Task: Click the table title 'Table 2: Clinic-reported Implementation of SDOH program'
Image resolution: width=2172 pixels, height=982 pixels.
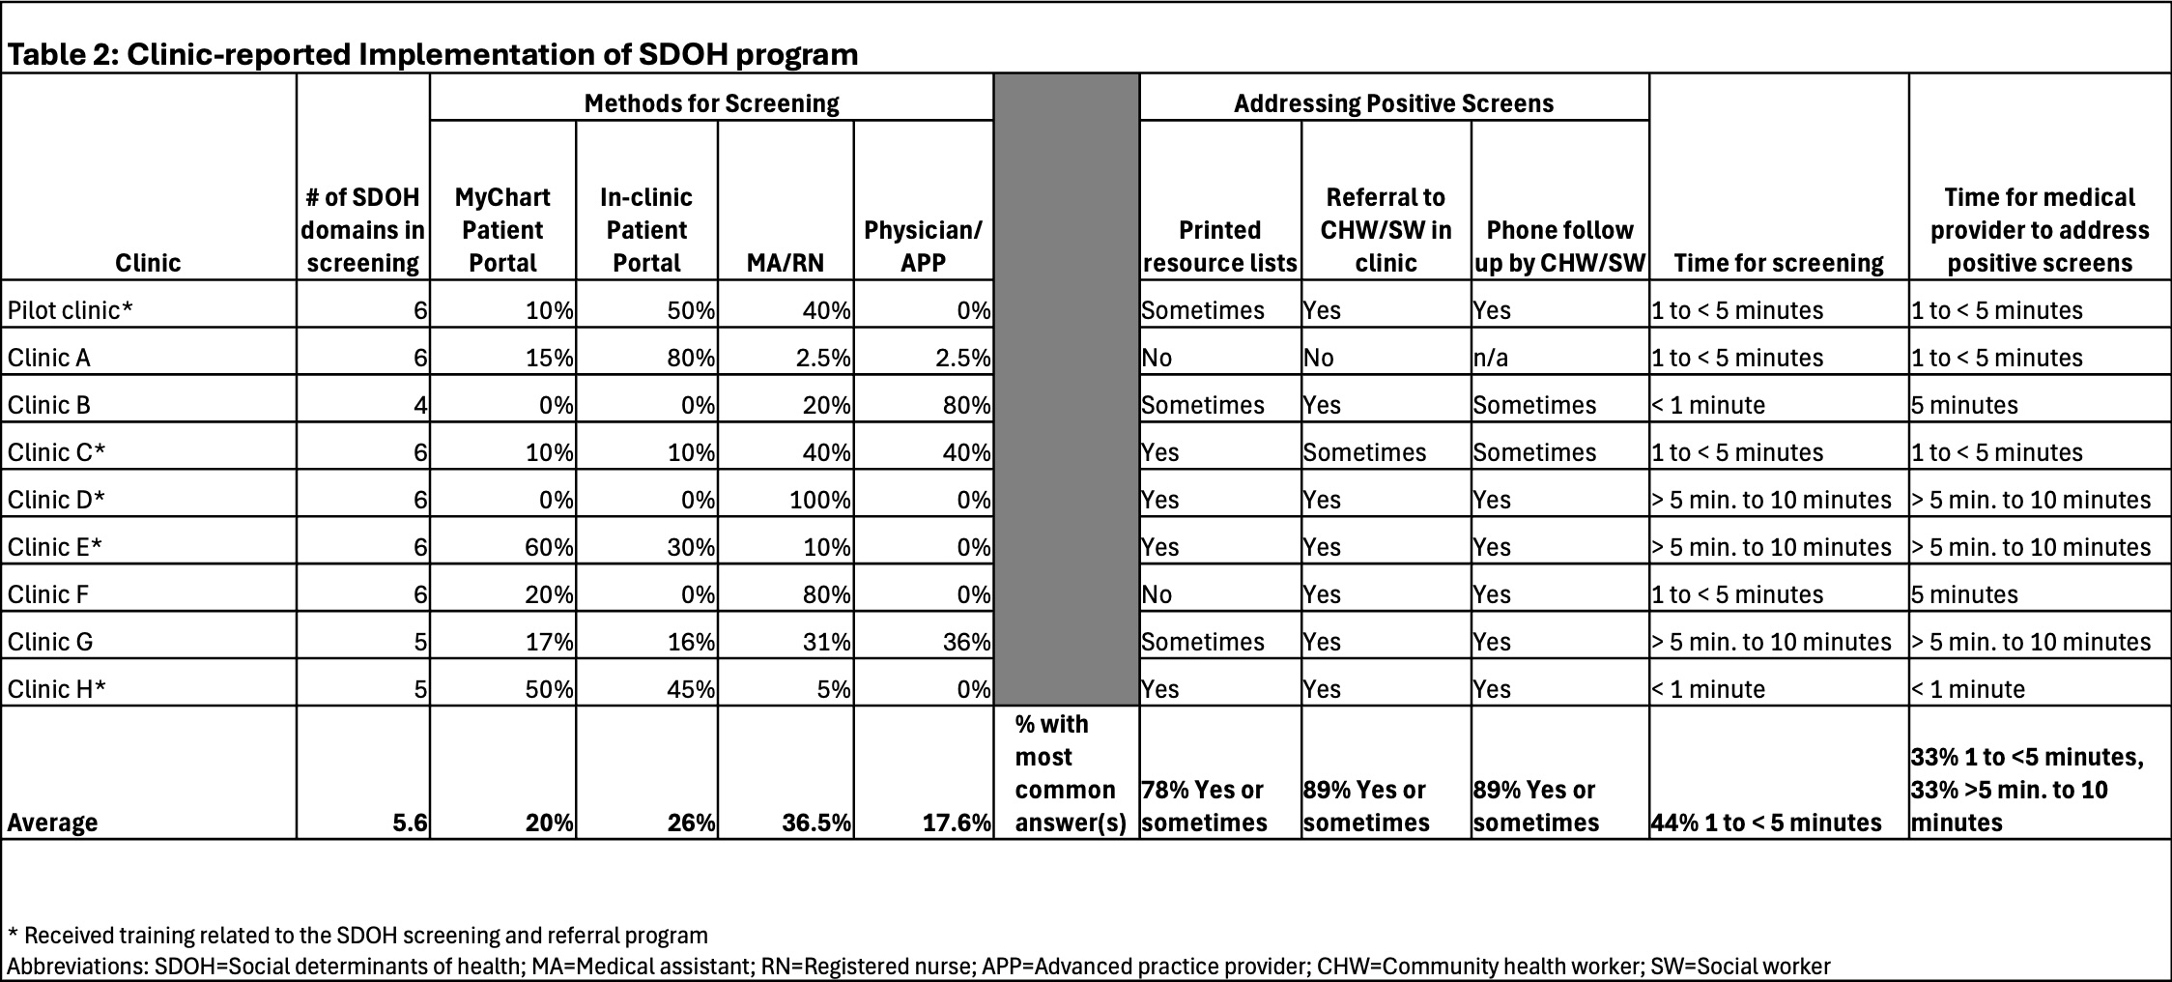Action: pos(433,54)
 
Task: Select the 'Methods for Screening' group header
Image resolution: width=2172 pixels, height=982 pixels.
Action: pos(711,103)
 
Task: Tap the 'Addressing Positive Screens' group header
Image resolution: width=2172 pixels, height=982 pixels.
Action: pos(1393,103)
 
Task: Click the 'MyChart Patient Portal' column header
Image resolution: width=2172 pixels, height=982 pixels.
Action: pos(502,230)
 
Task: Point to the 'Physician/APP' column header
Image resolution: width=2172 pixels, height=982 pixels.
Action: pos(923,246)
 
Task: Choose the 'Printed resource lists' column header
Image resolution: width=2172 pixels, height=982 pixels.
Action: pos(1219,246)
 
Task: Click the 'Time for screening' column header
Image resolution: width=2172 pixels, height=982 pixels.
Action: pos(1779,263)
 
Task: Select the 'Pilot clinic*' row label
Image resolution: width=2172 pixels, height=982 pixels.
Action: pos(71,310)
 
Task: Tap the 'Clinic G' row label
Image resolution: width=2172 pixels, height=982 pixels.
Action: pos(50,642)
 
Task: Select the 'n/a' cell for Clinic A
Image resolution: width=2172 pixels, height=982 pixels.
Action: pos(1491,358)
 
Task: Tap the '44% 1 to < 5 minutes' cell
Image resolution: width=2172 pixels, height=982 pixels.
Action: pos(1766,823)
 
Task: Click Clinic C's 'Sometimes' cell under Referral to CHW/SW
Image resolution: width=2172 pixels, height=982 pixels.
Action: pos(1364,452)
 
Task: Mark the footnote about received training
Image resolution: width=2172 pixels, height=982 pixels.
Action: pos(357,936)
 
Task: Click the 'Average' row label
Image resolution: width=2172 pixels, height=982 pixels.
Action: pos(52,823)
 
